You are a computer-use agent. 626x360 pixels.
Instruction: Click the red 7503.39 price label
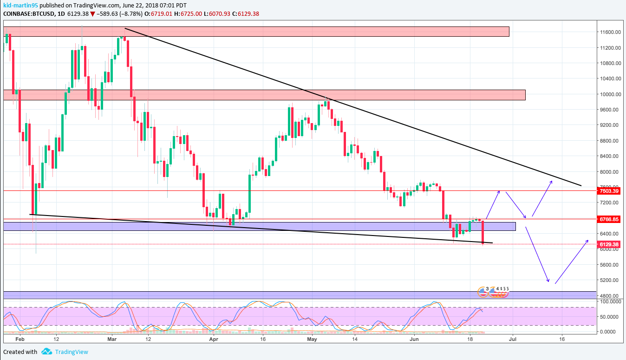[609, 191]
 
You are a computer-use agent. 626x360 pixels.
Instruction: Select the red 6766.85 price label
[609, 219]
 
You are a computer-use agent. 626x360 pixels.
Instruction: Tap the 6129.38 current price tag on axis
[609, 244]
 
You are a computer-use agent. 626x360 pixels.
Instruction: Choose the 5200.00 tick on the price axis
[609, 280]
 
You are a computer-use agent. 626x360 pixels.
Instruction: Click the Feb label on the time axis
[19, 340]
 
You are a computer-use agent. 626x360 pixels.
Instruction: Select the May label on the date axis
[313, 340]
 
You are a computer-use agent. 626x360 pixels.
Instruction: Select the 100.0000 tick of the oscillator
[609, 301]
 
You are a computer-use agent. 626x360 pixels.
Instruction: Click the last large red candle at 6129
[483, 232]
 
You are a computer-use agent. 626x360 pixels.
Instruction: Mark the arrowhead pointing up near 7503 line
[499, 191]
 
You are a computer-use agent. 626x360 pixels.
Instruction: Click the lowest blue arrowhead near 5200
[548, 281]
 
